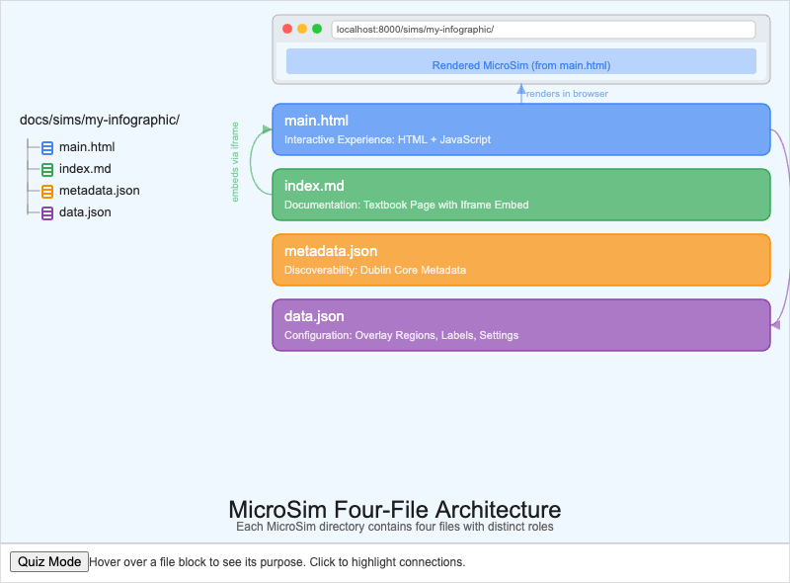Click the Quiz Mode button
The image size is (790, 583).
tap(49, 561)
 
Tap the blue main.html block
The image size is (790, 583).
tap(520, 129)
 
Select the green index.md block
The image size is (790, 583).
tap(520, 195)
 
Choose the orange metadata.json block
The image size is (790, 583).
tap(520, 260)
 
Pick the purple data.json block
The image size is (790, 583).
tap(520, 325)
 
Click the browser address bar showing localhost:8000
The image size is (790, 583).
tap(543, 30)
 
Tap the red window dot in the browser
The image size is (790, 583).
tap(287, 29)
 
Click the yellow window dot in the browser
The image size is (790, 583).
tap(302, 29)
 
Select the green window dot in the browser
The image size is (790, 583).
tap(317, 29)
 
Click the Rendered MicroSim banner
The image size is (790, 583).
tap(521, 65)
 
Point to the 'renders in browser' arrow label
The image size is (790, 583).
tap(567, 94)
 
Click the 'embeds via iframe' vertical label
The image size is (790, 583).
tap(235, 161)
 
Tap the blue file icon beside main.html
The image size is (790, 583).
tap(47, 148)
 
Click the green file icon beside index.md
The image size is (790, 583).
tap(47, 170)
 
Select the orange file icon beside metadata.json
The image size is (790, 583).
tap(47, 192)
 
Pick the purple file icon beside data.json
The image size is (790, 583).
tap(47, 212)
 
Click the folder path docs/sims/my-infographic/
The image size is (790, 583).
tap(100, 121)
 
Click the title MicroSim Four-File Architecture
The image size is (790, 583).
tap(395, 510)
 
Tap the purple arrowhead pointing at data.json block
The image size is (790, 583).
tap(776, 324)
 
